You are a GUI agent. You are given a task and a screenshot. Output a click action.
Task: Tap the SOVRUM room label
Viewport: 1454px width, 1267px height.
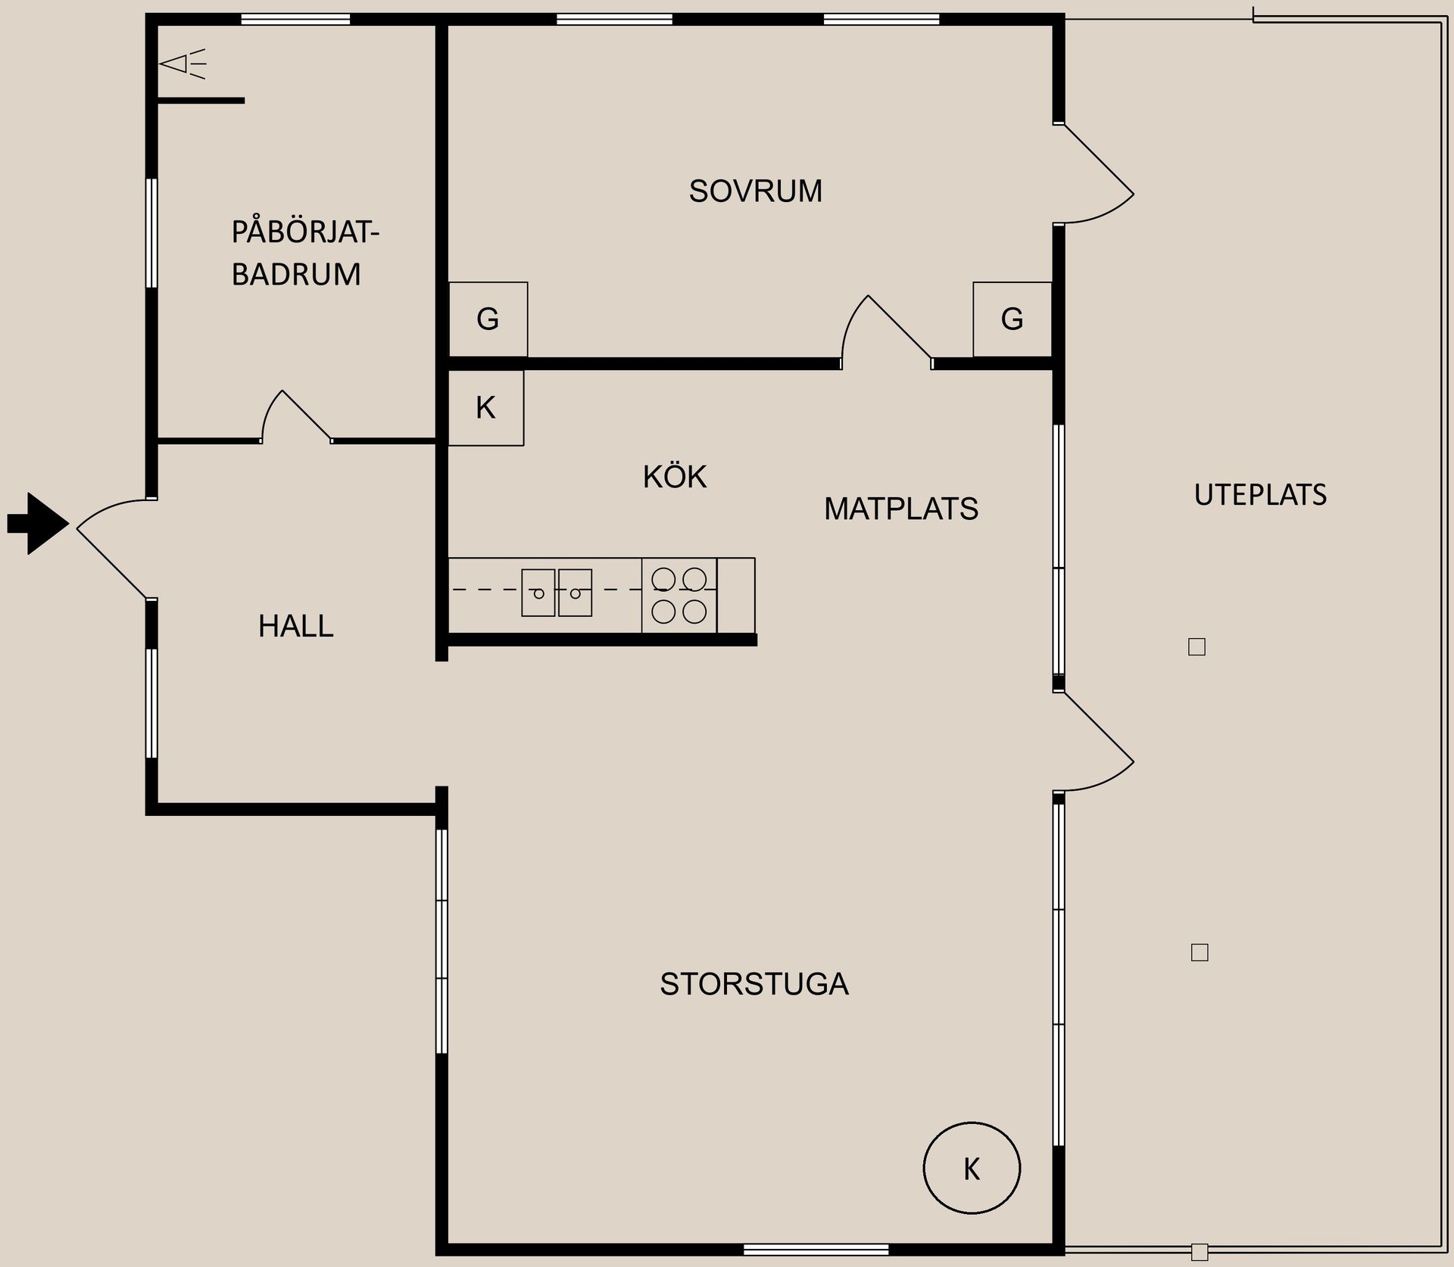point(755,191)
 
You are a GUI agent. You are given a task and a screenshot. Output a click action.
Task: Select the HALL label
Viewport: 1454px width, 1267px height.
point(295,626)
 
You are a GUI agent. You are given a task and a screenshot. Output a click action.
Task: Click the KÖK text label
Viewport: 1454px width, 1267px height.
point(674,476)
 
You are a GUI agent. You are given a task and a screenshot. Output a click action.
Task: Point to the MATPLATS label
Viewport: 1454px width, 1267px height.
point(900,509)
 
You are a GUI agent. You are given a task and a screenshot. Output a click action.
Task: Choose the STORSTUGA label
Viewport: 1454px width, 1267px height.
point(754,984)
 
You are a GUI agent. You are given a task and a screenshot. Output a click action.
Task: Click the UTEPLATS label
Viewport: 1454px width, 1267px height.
point(1260,495)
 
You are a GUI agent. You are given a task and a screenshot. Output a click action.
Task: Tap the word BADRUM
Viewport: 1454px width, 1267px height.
point(296,274)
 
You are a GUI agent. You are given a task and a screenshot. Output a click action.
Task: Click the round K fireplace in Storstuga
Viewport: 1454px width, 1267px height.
point(972,1168)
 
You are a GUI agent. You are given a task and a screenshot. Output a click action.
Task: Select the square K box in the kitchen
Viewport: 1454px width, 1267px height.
point(485,408)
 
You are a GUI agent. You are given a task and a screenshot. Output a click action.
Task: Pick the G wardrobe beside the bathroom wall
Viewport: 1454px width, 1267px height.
point(488,319)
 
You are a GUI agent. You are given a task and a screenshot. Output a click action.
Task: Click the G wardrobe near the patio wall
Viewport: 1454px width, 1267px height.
point(1012,319)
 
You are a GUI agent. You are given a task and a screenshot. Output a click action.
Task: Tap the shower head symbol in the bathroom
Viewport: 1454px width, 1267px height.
point(183,64)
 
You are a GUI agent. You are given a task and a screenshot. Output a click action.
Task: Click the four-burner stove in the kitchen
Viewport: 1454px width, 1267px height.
point(679,595)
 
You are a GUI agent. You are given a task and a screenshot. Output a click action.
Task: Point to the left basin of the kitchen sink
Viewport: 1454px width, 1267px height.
point(538,593)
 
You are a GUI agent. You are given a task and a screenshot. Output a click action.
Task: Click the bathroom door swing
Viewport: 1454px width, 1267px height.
point(296,416)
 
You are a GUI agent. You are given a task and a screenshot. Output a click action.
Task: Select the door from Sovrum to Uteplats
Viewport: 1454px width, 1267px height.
point(1094,173)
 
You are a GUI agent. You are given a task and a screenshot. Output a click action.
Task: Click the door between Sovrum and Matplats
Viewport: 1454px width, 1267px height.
point(887,332)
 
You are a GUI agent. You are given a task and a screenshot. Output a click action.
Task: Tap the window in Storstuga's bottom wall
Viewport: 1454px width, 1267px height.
point(816,1248)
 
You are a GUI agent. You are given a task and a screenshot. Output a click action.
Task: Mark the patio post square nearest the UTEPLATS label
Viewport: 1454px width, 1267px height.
point(1197,647)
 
